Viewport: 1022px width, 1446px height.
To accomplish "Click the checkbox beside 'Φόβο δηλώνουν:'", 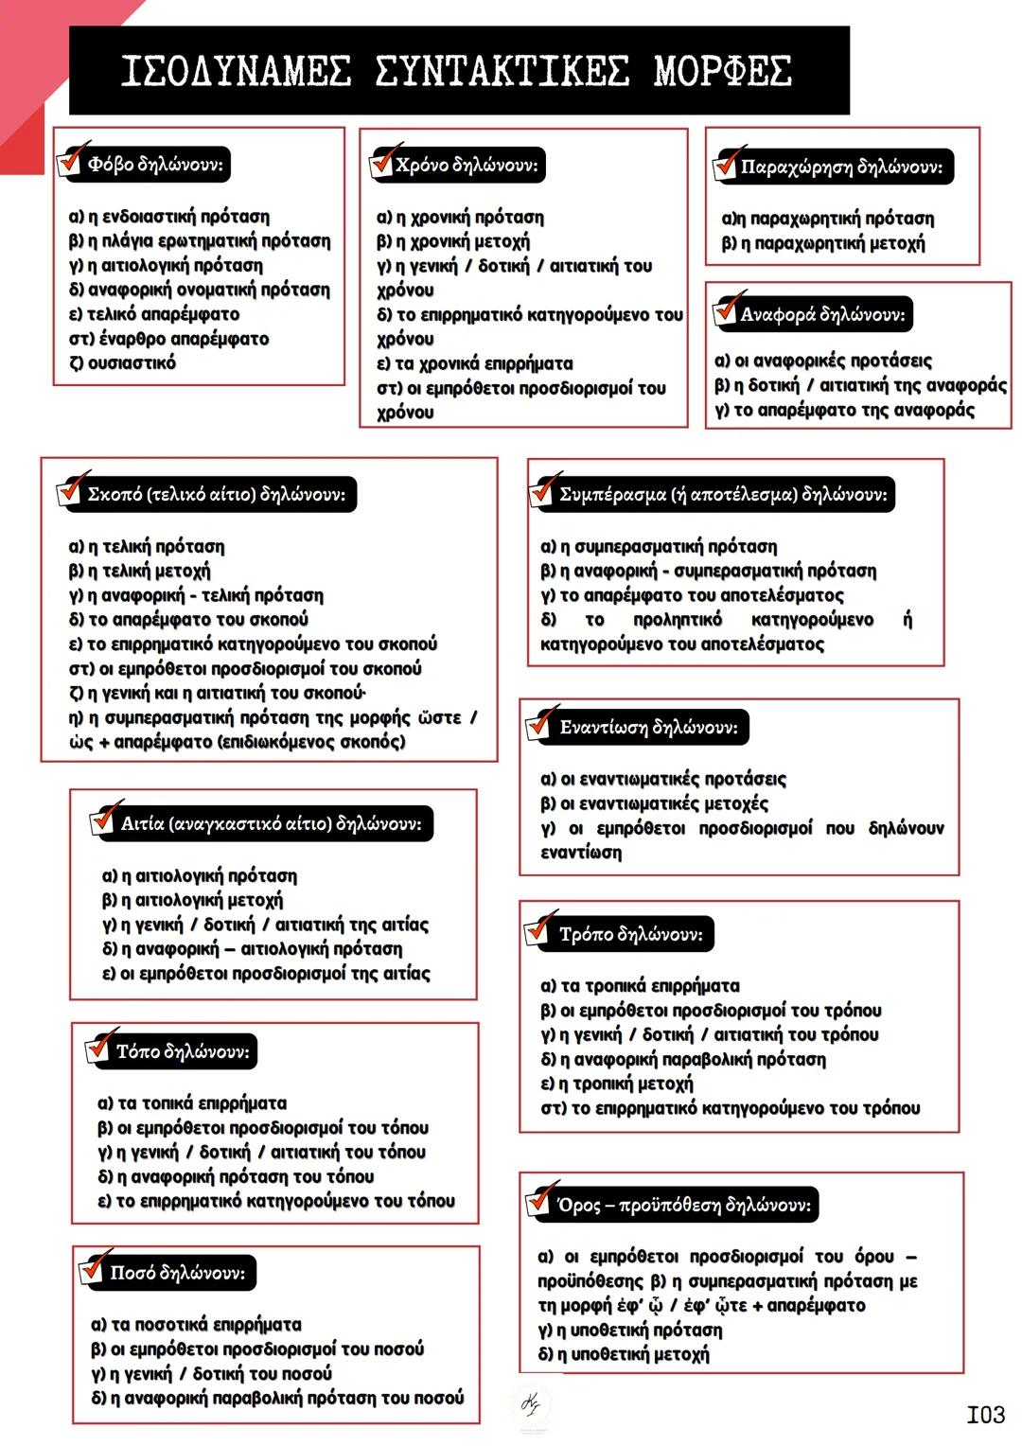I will click(70, 163).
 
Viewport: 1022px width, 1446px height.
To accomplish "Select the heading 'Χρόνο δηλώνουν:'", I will click(467, 165).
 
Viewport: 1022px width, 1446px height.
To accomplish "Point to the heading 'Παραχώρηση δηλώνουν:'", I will click(841, 168).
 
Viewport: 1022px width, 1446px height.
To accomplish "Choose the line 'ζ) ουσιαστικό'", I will click(122, 363).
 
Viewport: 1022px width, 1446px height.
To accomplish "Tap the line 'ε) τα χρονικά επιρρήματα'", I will click(474, 363).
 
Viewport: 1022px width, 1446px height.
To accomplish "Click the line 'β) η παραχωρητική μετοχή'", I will click(823, 243).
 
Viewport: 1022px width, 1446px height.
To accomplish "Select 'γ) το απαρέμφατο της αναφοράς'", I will click(844, 410).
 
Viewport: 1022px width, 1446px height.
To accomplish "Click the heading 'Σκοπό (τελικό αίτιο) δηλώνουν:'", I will click(216, 494).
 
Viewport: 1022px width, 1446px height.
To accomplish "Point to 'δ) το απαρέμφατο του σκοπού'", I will click(188, 620).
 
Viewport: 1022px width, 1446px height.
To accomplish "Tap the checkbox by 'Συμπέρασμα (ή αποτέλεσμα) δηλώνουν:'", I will click(542, 492).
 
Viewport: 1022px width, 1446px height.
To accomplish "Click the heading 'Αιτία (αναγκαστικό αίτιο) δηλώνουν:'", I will click(271, 823).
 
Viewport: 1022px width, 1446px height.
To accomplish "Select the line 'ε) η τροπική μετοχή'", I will click(616, 1084).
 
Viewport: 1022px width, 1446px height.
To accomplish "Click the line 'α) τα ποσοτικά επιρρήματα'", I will click(196, 1325).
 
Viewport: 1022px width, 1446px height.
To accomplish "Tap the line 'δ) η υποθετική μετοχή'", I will click(624, 1354).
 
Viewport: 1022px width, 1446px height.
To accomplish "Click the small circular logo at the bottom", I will click(532, 1405).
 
